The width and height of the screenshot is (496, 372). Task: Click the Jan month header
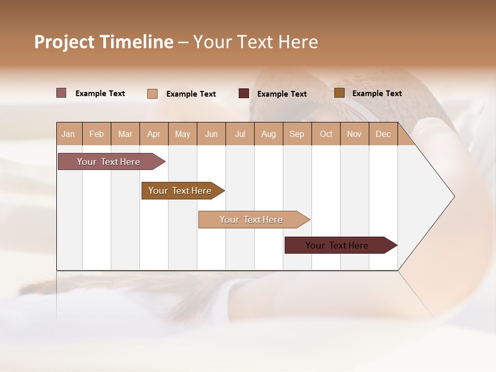(69, 134)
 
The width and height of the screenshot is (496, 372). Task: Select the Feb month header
(97, 134)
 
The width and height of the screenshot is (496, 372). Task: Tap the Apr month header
(154, 134)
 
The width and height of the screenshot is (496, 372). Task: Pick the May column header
(182, 134)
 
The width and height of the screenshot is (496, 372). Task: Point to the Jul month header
(240, 134)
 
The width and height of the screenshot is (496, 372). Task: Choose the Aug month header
(269, 134)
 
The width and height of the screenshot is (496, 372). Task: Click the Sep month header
(297, 134)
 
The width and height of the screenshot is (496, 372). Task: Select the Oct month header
(326, 134)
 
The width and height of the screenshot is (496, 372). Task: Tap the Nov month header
(354, 134)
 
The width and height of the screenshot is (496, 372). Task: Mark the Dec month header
(383, 134)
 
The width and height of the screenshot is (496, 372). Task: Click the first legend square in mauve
(61, 93)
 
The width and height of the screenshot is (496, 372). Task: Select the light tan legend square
(152, 94)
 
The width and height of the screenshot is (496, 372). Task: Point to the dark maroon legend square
(244, 93)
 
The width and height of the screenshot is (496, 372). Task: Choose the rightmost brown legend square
(339, 93)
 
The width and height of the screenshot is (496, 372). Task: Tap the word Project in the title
(64, 42)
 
